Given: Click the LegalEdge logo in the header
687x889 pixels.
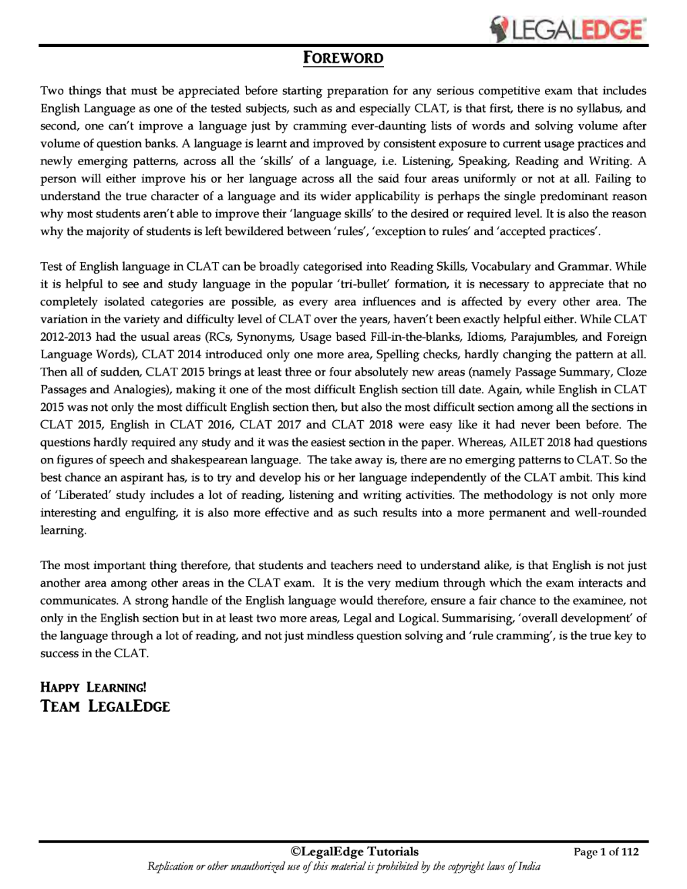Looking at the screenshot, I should point(567,28).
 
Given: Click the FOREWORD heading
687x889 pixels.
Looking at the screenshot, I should point(343,58).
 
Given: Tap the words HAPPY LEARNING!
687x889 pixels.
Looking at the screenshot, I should point(93,687).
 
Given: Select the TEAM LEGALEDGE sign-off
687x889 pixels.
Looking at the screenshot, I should point(105,706).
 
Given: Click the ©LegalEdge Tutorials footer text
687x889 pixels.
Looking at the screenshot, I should point(354,851).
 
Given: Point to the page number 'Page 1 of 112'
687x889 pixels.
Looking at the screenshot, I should point(606,852).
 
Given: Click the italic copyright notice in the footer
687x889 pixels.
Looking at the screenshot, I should point(343,867).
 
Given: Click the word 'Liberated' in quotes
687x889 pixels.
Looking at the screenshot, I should point(83,495).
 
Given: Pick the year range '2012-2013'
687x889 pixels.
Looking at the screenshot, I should point(65,337).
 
